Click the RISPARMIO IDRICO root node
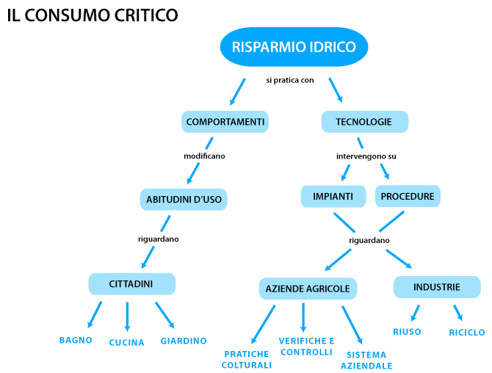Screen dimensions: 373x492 click(294, 48)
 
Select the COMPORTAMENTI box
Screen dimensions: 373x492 click(225, 122)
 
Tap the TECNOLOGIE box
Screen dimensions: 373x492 click(364, 122)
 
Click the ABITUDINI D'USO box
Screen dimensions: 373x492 click(184, 199)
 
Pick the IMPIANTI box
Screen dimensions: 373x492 click(333, 196)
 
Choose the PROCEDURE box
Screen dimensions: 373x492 click(408, 196)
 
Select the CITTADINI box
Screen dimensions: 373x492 click(131, 283)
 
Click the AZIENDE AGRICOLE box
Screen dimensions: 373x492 click(308, 289)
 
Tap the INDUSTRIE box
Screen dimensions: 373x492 click(437, 286)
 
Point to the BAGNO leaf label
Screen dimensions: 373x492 click(76, 340)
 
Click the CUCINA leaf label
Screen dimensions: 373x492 click(127, 342)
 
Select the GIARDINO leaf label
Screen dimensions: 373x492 click(184, 341)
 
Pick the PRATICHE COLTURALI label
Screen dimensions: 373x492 click(247, 359)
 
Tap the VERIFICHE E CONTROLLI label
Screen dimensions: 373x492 click(306, 347)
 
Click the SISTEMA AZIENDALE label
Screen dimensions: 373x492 click(366, 360)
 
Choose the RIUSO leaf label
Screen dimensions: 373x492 click(407, 332)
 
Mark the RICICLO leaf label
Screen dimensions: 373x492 click(466, 333)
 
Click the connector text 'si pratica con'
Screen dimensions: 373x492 click(290, 80)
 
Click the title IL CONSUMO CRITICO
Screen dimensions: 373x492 click(93, 15)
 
